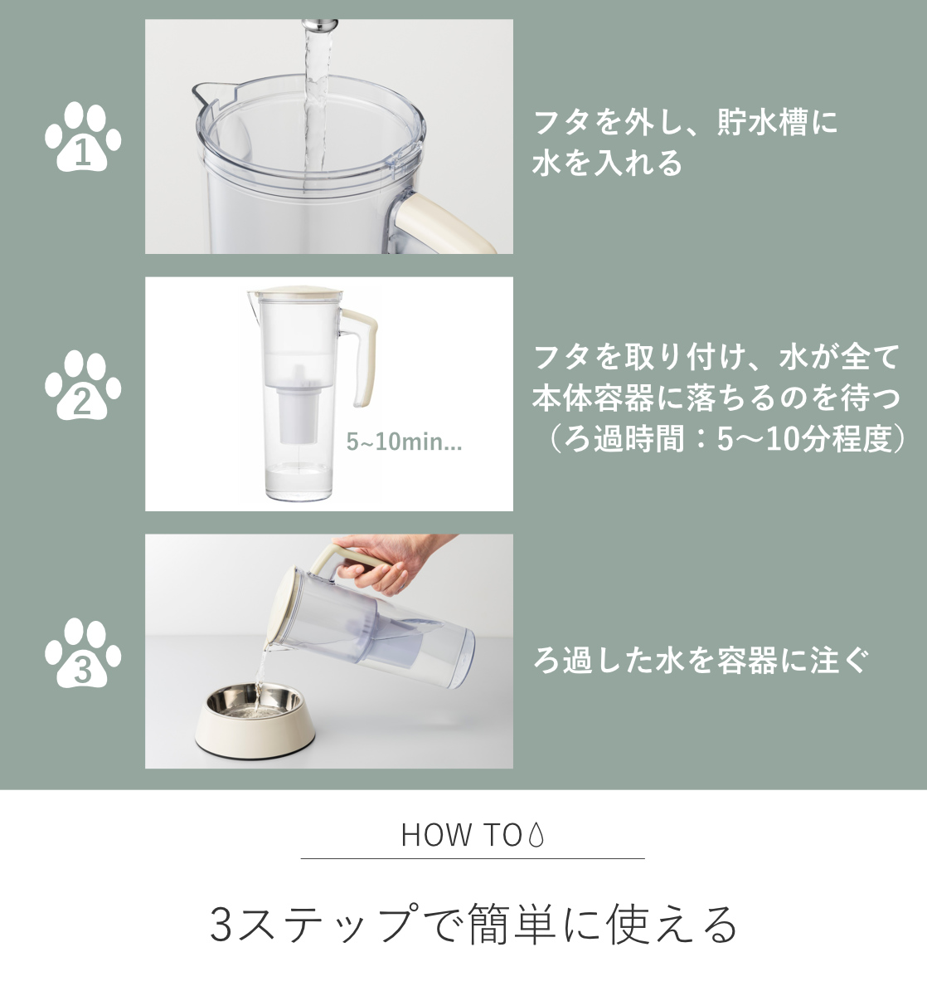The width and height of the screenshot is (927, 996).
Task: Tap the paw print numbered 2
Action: [83, 385]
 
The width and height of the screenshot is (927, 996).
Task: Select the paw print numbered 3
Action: [83, 652]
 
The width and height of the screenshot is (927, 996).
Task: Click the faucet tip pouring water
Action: [319, 24]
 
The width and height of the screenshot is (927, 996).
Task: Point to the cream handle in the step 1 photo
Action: [441, 223]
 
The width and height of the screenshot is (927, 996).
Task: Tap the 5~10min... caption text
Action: [404, 442]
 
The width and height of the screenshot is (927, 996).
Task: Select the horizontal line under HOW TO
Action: [473, 858]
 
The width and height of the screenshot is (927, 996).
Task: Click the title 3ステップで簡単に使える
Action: [473, 924]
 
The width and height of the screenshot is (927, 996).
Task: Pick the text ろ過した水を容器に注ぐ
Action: [701, 660]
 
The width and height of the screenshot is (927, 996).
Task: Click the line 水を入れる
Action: [607, 163]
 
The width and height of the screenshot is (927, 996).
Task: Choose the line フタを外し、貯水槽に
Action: [686, 122]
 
